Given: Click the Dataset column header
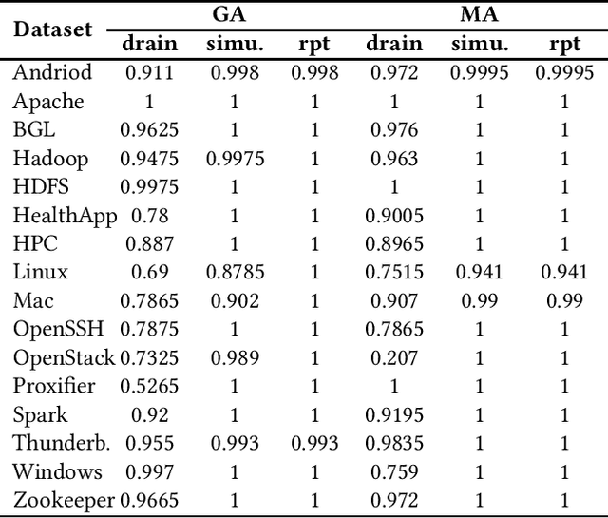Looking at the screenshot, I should click(53, 29).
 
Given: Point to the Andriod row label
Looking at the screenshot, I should click(53, 72).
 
